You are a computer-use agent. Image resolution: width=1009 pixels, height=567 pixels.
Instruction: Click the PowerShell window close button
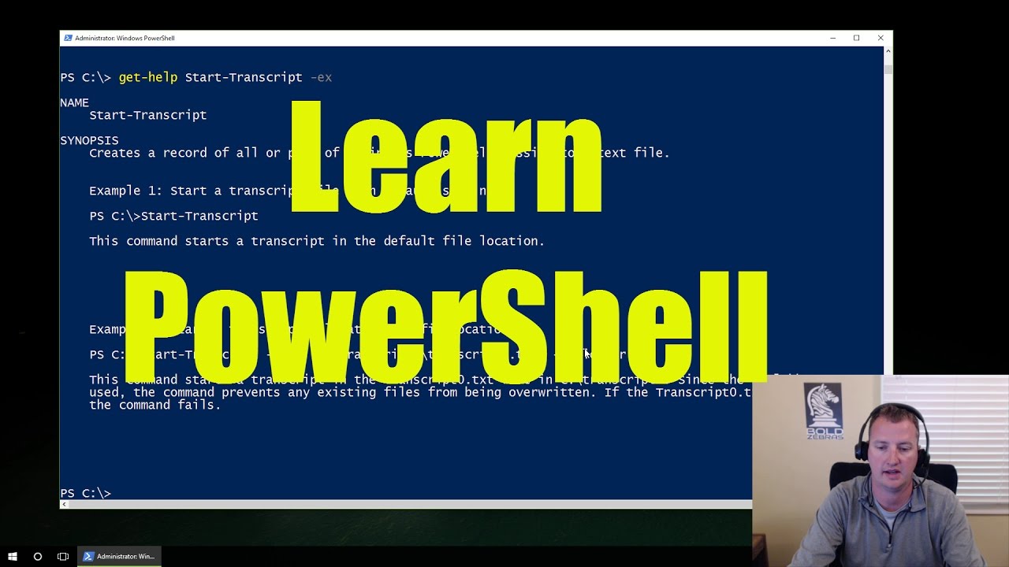tap(881, 38)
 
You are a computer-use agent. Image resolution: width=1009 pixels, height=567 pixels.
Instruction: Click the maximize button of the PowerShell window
tap(856, 38)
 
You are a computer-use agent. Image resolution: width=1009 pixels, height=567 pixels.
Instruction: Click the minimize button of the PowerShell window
tap(832, 38)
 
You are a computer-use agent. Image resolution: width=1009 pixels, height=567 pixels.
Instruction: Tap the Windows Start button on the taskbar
tap(13, 556)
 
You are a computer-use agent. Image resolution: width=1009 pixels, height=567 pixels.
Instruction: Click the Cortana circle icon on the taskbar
tap(38, 556)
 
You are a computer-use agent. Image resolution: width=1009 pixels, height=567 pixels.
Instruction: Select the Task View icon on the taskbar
tap(63, 556)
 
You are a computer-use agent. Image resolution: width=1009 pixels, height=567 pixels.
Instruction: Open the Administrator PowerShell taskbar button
tap(119, 556)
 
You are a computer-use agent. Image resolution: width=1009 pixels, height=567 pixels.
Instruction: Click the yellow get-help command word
tap(147, 77)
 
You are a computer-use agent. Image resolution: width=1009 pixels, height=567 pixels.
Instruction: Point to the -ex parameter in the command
tap(321, 77)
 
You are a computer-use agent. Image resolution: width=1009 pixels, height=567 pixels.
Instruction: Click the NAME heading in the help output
tap(74, 102)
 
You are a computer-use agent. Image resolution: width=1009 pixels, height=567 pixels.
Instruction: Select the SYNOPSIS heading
tap(89, 140)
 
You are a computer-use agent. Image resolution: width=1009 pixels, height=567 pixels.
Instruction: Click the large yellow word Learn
tap(446, 157)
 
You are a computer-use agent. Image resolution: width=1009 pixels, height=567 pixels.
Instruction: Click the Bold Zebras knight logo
tap(825, 409)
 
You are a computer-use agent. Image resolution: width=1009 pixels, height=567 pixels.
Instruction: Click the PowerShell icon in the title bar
tap(68, 38)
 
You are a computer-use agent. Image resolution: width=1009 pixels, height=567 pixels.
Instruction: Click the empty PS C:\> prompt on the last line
tap(86, 493)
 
